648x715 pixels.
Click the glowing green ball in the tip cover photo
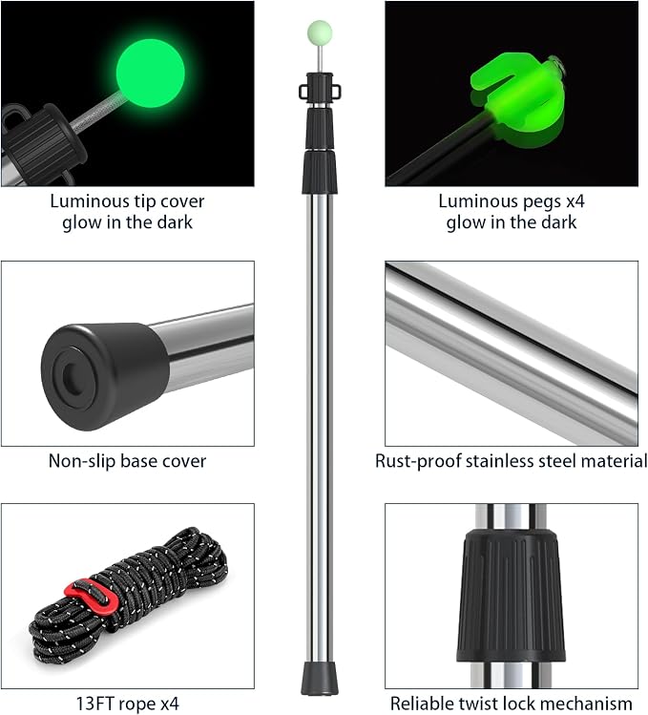[x=151, y=73]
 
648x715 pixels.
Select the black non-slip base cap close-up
[x=105, y=377]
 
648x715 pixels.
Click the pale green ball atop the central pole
[x=320, y=32]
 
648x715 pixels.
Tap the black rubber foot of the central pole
[x=319, y=679]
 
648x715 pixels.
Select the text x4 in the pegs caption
[x=575, y=201]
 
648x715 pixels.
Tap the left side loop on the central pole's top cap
[x=303, y=92]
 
